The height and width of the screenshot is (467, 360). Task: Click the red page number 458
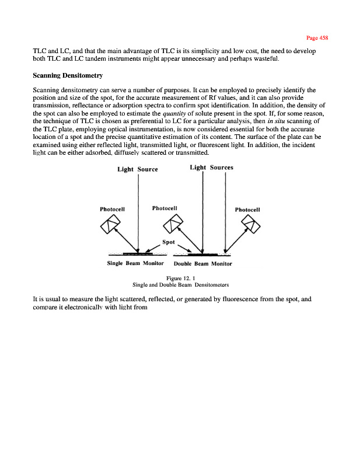coord(319,37)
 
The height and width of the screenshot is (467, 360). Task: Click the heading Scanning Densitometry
coord(69,76)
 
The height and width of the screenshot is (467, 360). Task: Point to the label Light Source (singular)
coord(138,169)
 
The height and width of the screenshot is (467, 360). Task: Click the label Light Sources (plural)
coord(211,168)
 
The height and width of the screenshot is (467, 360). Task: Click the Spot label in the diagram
coord(168,241)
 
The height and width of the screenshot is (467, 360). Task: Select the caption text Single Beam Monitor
coord(132,263)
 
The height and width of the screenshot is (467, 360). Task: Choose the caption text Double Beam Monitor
coord(203,264)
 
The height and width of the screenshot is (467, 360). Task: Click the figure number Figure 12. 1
coord(180,278)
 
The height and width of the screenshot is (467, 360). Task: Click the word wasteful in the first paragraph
coord(265,60)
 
